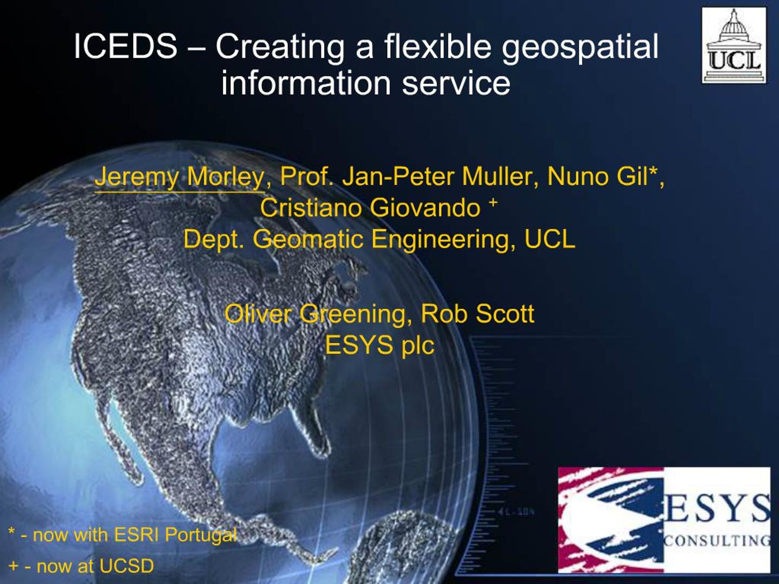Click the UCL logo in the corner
pos(734,45)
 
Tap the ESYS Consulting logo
pos(664,520)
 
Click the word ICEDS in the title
pos(125,47)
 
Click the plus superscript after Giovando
pos(493,202)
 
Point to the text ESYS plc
pos(379,345)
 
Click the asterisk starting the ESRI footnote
pos(12,532)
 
